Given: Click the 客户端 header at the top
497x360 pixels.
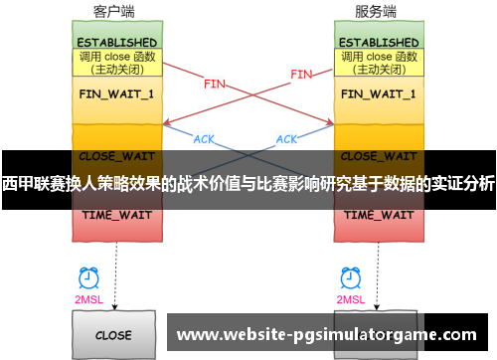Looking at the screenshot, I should coord(116,12).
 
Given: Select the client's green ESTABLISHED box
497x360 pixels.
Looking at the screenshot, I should coord(116,43).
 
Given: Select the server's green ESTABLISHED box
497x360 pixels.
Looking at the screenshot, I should coord(379,43).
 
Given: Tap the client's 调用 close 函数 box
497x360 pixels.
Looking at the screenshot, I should coord(116,64).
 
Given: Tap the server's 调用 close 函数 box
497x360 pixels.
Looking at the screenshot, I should coord(379,64).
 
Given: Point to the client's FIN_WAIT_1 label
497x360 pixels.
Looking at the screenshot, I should coord(116,93).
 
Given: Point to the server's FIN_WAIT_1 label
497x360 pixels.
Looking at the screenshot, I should coord(379,93).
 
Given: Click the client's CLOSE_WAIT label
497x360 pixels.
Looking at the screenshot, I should coord(116,156).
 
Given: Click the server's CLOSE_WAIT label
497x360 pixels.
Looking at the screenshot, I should coord(379,156).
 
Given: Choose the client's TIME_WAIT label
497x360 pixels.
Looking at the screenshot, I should coord(116,215).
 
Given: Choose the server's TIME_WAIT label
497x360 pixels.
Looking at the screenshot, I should coord(379,215).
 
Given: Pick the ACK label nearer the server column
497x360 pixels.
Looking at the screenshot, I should coord(286,139).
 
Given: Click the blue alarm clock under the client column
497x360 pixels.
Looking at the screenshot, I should coord(88,278).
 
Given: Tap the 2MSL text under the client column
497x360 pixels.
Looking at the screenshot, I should coord(88,300).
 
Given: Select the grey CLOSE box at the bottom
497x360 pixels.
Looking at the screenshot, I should coord(116,335).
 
